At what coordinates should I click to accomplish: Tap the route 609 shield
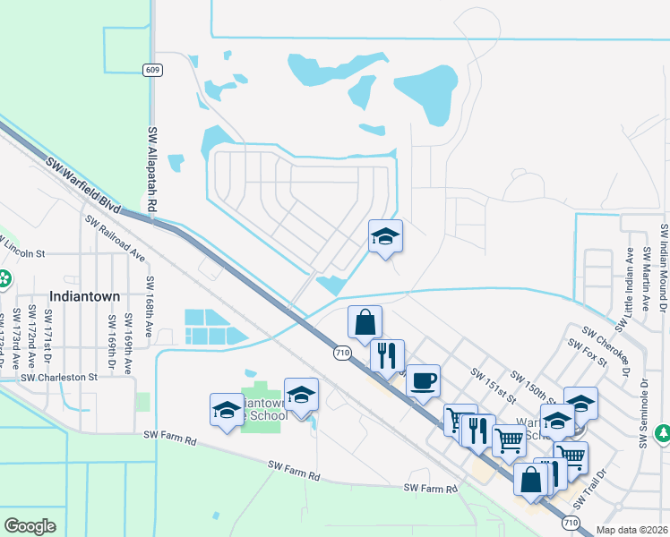(x=151, y=69)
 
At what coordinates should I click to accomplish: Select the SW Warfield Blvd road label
(x=82, y=186)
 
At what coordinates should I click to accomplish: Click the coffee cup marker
(x=423, y=379)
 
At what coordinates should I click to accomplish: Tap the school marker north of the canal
(x=386, y=236)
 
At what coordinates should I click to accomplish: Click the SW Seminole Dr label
(x=643, y=413)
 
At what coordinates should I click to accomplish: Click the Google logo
(x=30, y=526)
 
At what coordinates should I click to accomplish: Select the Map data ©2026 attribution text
(x=632, y=530)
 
